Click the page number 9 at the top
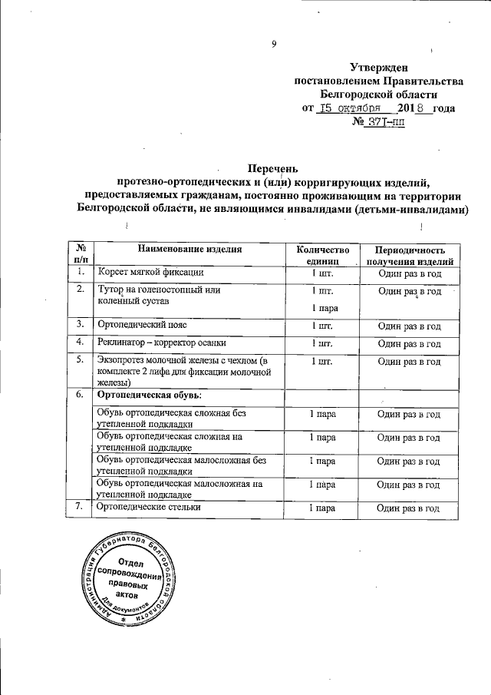(274, 44)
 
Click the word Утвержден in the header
(379, 68)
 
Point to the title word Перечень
(272, 169)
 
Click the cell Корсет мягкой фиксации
(150, 273)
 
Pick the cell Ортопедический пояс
(143, 326)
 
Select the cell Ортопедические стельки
(148, 508)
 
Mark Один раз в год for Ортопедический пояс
(410, 326)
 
